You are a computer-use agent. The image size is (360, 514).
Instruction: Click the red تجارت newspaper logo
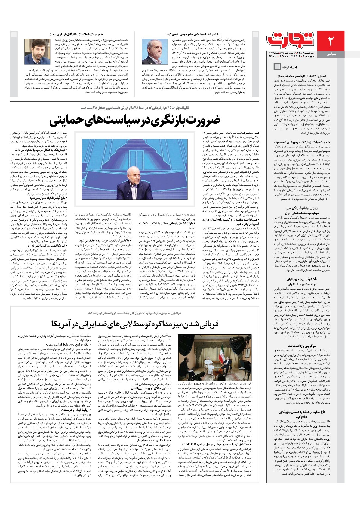291,40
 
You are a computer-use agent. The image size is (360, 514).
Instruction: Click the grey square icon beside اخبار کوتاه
277,66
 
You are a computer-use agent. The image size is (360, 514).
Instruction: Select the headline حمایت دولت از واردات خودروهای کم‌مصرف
302,142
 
